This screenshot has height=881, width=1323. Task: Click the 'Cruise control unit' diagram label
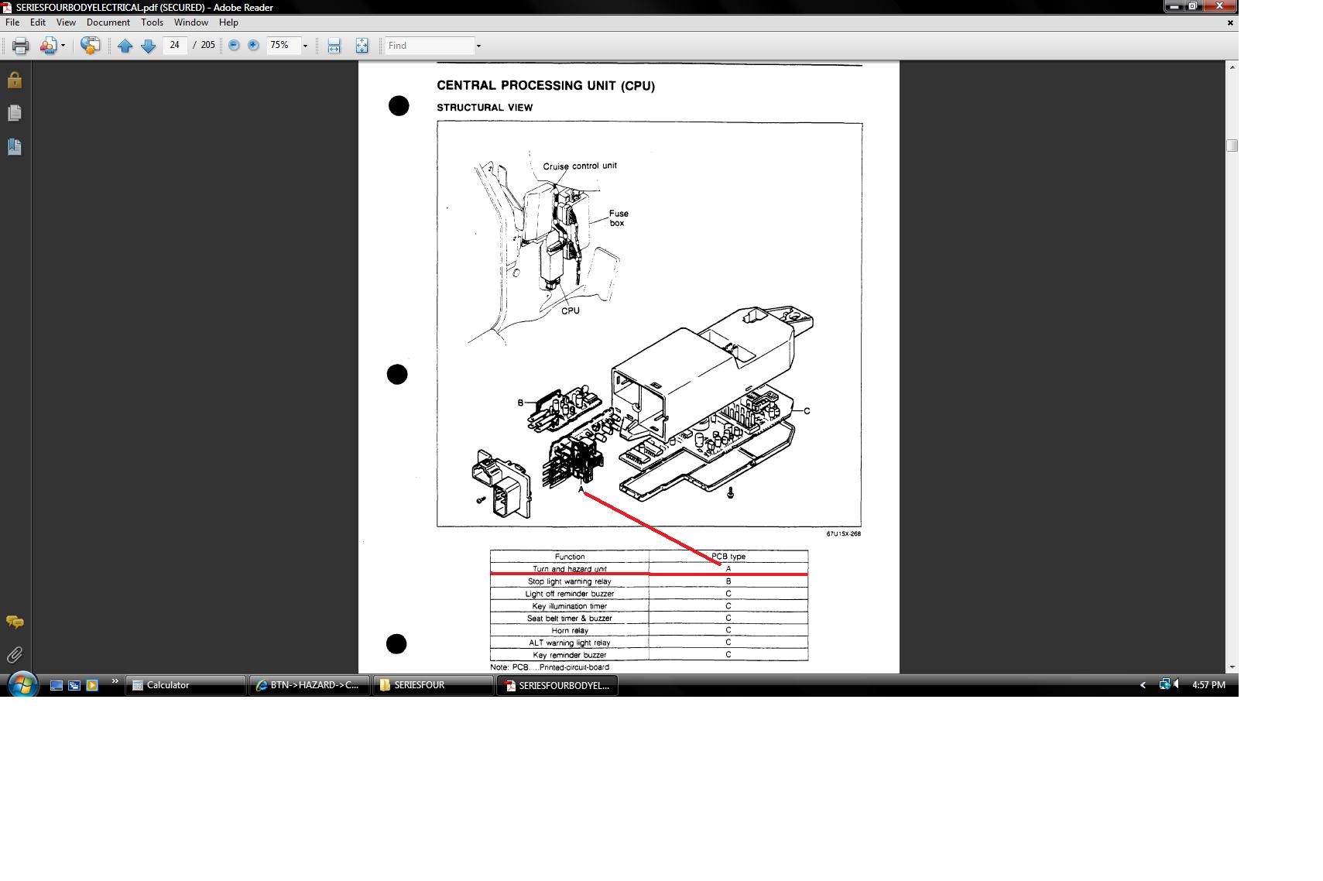tap(579, 166)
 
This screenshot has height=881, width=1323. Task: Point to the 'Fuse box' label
tap(619, 218)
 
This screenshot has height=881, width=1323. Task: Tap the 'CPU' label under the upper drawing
tap(570, 310)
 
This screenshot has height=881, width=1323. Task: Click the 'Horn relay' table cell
tap(569, 630)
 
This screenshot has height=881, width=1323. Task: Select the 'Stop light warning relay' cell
tap(569, 581)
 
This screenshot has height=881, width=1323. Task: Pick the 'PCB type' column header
tap(728, 556)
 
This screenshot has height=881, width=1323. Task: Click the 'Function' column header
tap(569, 556)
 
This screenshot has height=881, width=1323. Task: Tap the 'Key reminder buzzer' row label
tap(569, 655)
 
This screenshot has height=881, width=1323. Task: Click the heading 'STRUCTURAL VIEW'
tap(485, 108)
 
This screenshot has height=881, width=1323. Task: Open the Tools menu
tap(152, 22)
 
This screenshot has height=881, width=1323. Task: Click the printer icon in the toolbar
tap(21, 46)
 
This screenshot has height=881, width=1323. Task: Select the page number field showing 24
tap(174, 45)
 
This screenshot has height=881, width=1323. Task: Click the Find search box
tap(430, 46)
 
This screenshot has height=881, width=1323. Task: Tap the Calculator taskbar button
tap(186, 685)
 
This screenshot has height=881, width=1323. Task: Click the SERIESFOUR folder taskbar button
tap(432, 685)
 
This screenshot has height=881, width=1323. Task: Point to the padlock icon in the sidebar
tap(15, 80)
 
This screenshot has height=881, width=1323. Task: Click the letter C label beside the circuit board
tap(807, 411)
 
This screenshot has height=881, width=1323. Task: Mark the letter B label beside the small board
tap(520, 403)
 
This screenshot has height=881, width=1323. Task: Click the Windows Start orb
tap(22, 685)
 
